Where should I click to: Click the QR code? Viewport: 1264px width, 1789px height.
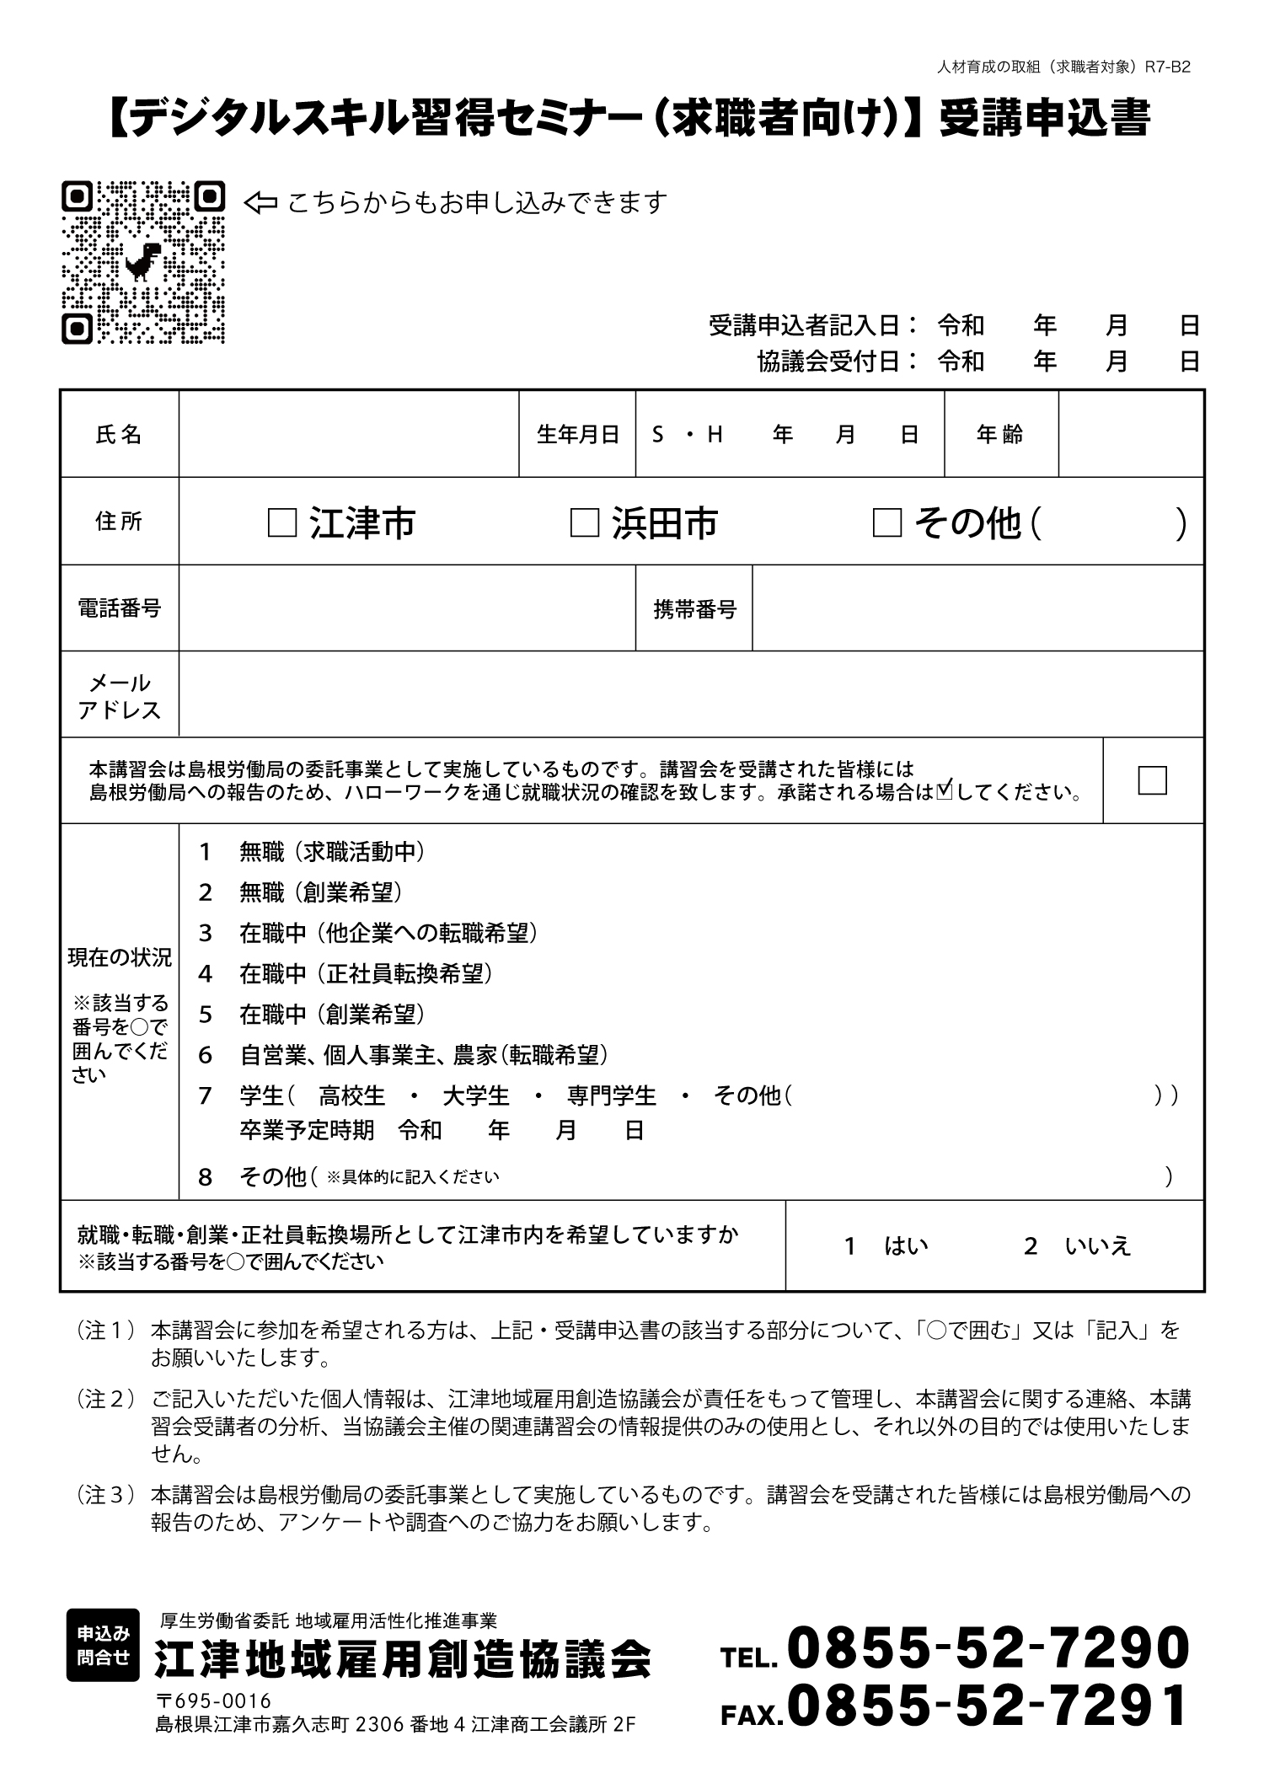click(x=143, y=262)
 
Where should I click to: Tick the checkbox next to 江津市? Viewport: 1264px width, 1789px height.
click(x=281, y=523)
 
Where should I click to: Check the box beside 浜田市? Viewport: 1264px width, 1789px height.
click(x=584, y=523)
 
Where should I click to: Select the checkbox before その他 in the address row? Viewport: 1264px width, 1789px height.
click(x=886, y=523)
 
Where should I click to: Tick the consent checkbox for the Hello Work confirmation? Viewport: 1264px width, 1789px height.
click(x=1152, y=780)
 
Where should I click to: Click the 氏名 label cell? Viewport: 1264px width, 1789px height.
click(x=119, y=435)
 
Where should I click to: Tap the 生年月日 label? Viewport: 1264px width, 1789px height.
click(x=577, y=435)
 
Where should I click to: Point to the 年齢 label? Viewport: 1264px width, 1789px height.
click(x=1000, y=435)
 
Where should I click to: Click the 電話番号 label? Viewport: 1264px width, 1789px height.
click(x=119, y=608)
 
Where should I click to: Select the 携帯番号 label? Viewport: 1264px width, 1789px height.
click(x=694, y=609)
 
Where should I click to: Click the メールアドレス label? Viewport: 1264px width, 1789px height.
click(x=119, y=696)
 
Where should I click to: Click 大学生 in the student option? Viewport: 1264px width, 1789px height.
click(x=476, y=1095)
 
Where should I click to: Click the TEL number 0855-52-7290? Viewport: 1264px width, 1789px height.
click(x=988, y=1649)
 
